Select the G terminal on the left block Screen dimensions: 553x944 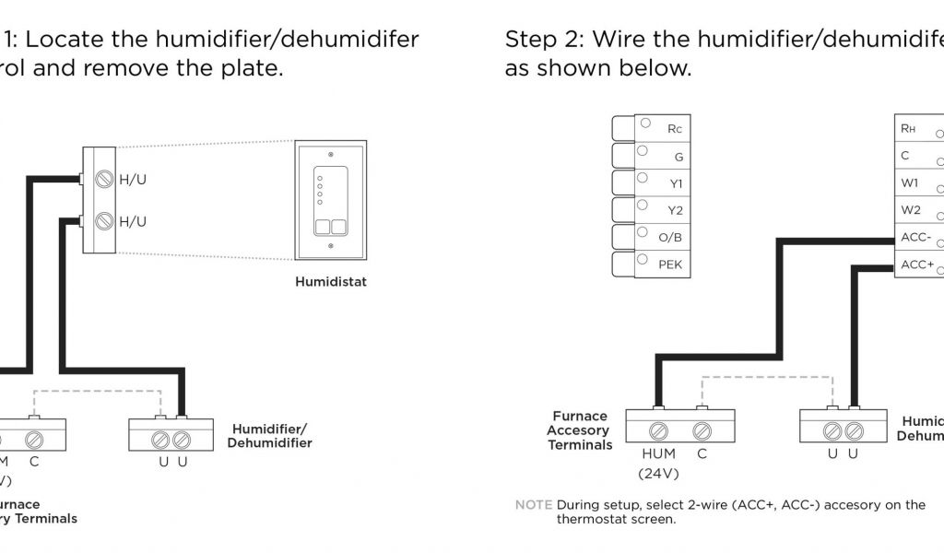click(x=678, y=157)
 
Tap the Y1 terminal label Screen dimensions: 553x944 click(x=676, y=183)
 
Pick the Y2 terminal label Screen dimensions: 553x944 click(x=676, y=210)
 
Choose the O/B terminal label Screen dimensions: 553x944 click(x=670, y=238)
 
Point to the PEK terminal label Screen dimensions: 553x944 click(x=670, y=265)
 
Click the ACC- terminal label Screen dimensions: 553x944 click(x=916, y=237)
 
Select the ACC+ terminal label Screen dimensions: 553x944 click(x=917, y=265)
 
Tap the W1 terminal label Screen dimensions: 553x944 click(x=910, y=182)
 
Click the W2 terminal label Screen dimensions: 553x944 click(x=910, y=210)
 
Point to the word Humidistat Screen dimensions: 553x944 click(x=330, y=282)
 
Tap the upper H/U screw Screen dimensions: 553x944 click(x=105, y=179)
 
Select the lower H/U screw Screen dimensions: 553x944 click(x=105, y=221)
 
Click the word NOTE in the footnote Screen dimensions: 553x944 click(x=533, y=505)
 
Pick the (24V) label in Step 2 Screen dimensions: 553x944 click(x=658, y=474)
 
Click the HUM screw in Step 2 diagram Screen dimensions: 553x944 click(x=658, y=429)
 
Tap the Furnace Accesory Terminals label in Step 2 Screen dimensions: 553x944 click(x=581, y=430)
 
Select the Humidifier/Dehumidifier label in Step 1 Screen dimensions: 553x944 click(x=271, y=436)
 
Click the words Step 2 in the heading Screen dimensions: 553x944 click(x=543, y=40)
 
